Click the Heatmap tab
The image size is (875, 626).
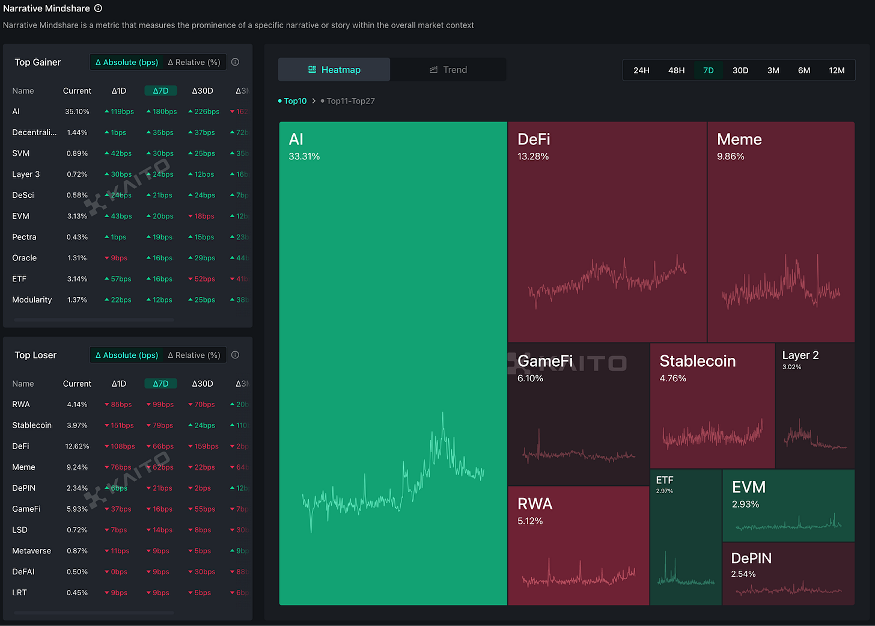point(334,70)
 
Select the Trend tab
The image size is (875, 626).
point(448,70)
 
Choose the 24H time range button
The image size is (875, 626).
point(641,70)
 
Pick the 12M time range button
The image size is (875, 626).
point(837,70)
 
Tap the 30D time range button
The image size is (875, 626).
point(740,70)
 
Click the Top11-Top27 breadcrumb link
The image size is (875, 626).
point(350,101)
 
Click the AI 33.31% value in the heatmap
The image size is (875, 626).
point(304,156)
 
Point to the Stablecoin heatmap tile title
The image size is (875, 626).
point(697,361)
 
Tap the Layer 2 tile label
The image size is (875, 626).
point(800,355)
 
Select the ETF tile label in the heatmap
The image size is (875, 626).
point(665,480)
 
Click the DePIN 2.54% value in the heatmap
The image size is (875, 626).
point(743,574)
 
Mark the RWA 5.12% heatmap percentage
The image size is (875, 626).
point(530,521)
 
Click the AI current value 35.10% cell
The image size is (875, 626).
point(77,111)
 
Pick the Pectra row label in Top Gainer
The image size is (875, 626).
point(24,237)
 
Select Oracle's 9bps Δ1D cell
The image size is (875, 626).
point(116,258)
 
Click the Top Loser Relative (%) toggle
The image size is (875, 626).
point(194,355)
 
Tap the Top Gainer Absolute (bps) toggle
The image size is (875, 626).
point(127,62)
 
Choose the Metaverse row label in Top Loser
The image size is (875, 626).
point(31,551)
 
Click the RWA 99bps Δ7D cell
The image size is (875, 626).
point(160,405)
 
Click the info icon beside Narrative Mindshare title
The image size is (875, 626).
point(98,8)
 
